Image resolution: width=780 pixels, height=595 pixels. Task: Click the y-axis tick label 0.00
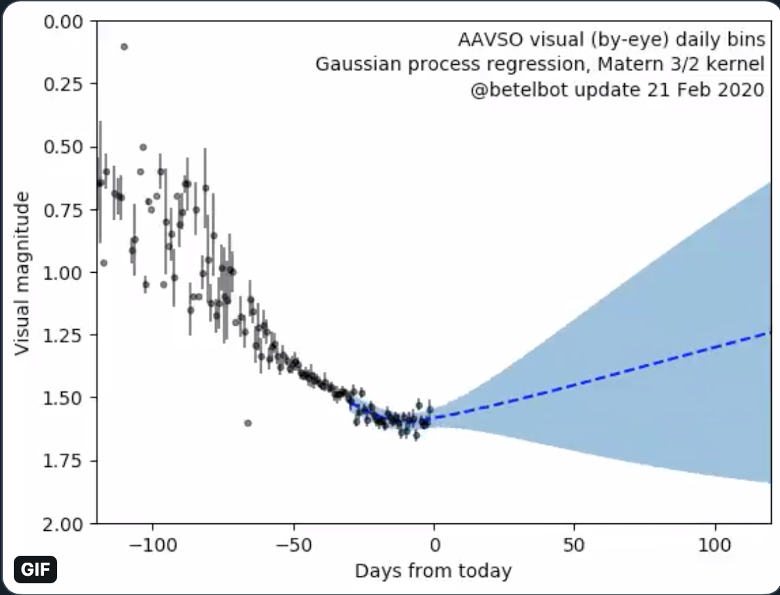tap(64, 21)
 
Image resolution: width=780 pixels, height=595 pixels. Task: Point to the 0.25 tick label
tap(64, 84)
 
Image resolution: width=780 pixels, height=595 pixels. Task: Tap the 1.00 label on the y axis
tap(64, 273)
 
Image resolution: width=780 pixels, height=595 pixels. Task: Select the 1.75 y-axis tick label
tap(64, 461)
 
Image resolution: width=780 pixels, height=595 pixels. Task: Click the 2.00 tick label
tap(64, 524)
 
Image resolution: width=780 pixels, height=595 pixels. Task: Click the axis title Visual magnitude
tap(23, 274)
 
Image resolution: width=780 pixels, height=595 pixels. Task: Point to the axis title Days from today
tap(433, 571)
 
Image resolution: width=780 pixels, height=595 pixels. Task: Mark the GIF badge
tap(35, 570)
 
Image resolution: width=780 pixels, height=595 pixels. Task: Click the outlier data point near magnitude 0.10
tap(124, 47)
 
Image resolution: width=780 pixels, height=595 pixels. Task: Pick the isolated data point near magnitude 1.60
tap(248, 423)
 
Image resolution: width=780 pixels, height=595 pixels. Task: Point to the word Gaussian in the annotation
tap(350, 65)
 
